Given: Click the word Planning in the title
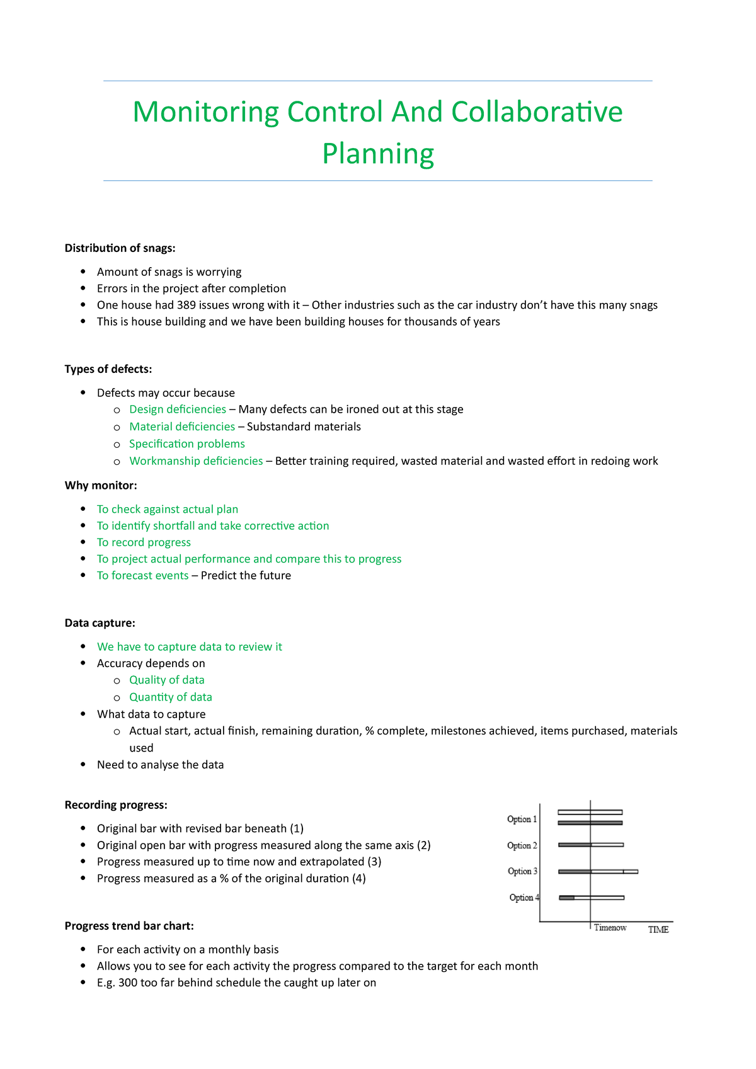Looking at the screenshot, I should pos(378,154).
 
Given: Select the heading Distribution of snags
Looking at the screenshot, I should pos(120,248).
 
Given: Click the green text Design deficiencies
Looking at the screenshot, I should pos(178,409).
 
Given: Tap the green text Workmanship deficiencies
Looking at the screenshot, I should pos(196,461).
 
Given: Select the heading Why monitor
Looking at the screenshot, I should pos(101,485).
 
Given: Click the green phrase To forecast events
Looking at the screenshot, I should pos(142,576).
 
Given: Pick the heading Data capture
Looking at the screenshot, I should pos(100,623).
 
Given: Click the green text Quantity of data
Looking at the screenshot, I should pos(171,697).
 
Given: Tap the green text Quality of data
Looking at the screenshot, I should pos(167,680).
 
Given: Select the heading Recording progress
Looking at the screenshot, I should pos(116,805).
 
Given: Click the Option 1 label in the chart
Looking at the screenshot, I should pos(522,820).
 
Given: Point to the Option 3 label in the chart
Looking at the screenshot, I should pos(522,872).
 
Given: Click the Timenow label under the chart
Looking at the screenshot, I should pos(610,928).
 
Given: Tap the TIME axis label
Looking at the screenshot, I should pos(658,930).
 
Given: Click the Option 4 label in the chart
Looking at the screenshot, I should pos(524,898).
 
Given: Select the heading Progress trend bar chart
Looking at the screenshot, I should pos(129,926).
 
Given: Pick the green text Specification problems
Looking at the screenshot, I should pos(187,444).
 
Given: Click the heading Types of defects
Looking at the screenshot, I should pos(108,369).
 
